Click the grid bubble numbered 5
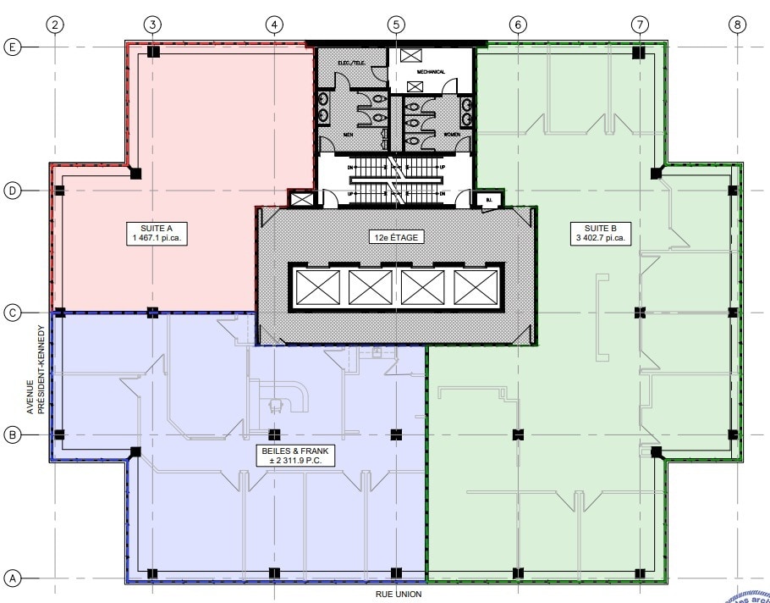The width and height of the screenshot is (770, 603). [395, 24]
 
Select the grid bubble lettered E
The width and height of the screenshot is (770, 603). [13, 47]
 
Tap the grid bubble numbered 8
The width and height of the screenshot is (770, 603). [737, 24]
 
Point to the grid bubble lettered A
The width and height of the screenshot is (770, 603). [13, 578]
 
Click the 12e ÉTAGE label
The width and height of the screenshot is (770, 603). [395, 237]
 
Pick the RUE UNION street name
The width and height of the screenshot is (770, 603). [399, 595]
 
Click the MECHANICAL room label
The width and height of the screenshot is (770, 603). [430, 72]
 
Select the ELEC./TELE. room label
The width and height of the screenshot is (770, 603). [349, 63]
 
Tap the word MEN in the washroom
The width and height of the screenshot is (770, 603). [348, 135]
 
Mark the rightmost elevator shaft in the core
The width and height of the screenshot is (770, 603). [475, 288]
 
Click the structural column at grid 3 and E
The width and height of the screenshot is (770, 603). [153, 53]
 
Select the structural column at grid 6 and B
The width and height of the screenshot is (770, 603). [518, 435]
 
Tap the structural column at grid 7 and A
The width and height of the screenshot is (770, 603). [641, 573]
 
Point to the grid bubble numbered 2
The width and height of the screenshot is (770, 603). [55, 24]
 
